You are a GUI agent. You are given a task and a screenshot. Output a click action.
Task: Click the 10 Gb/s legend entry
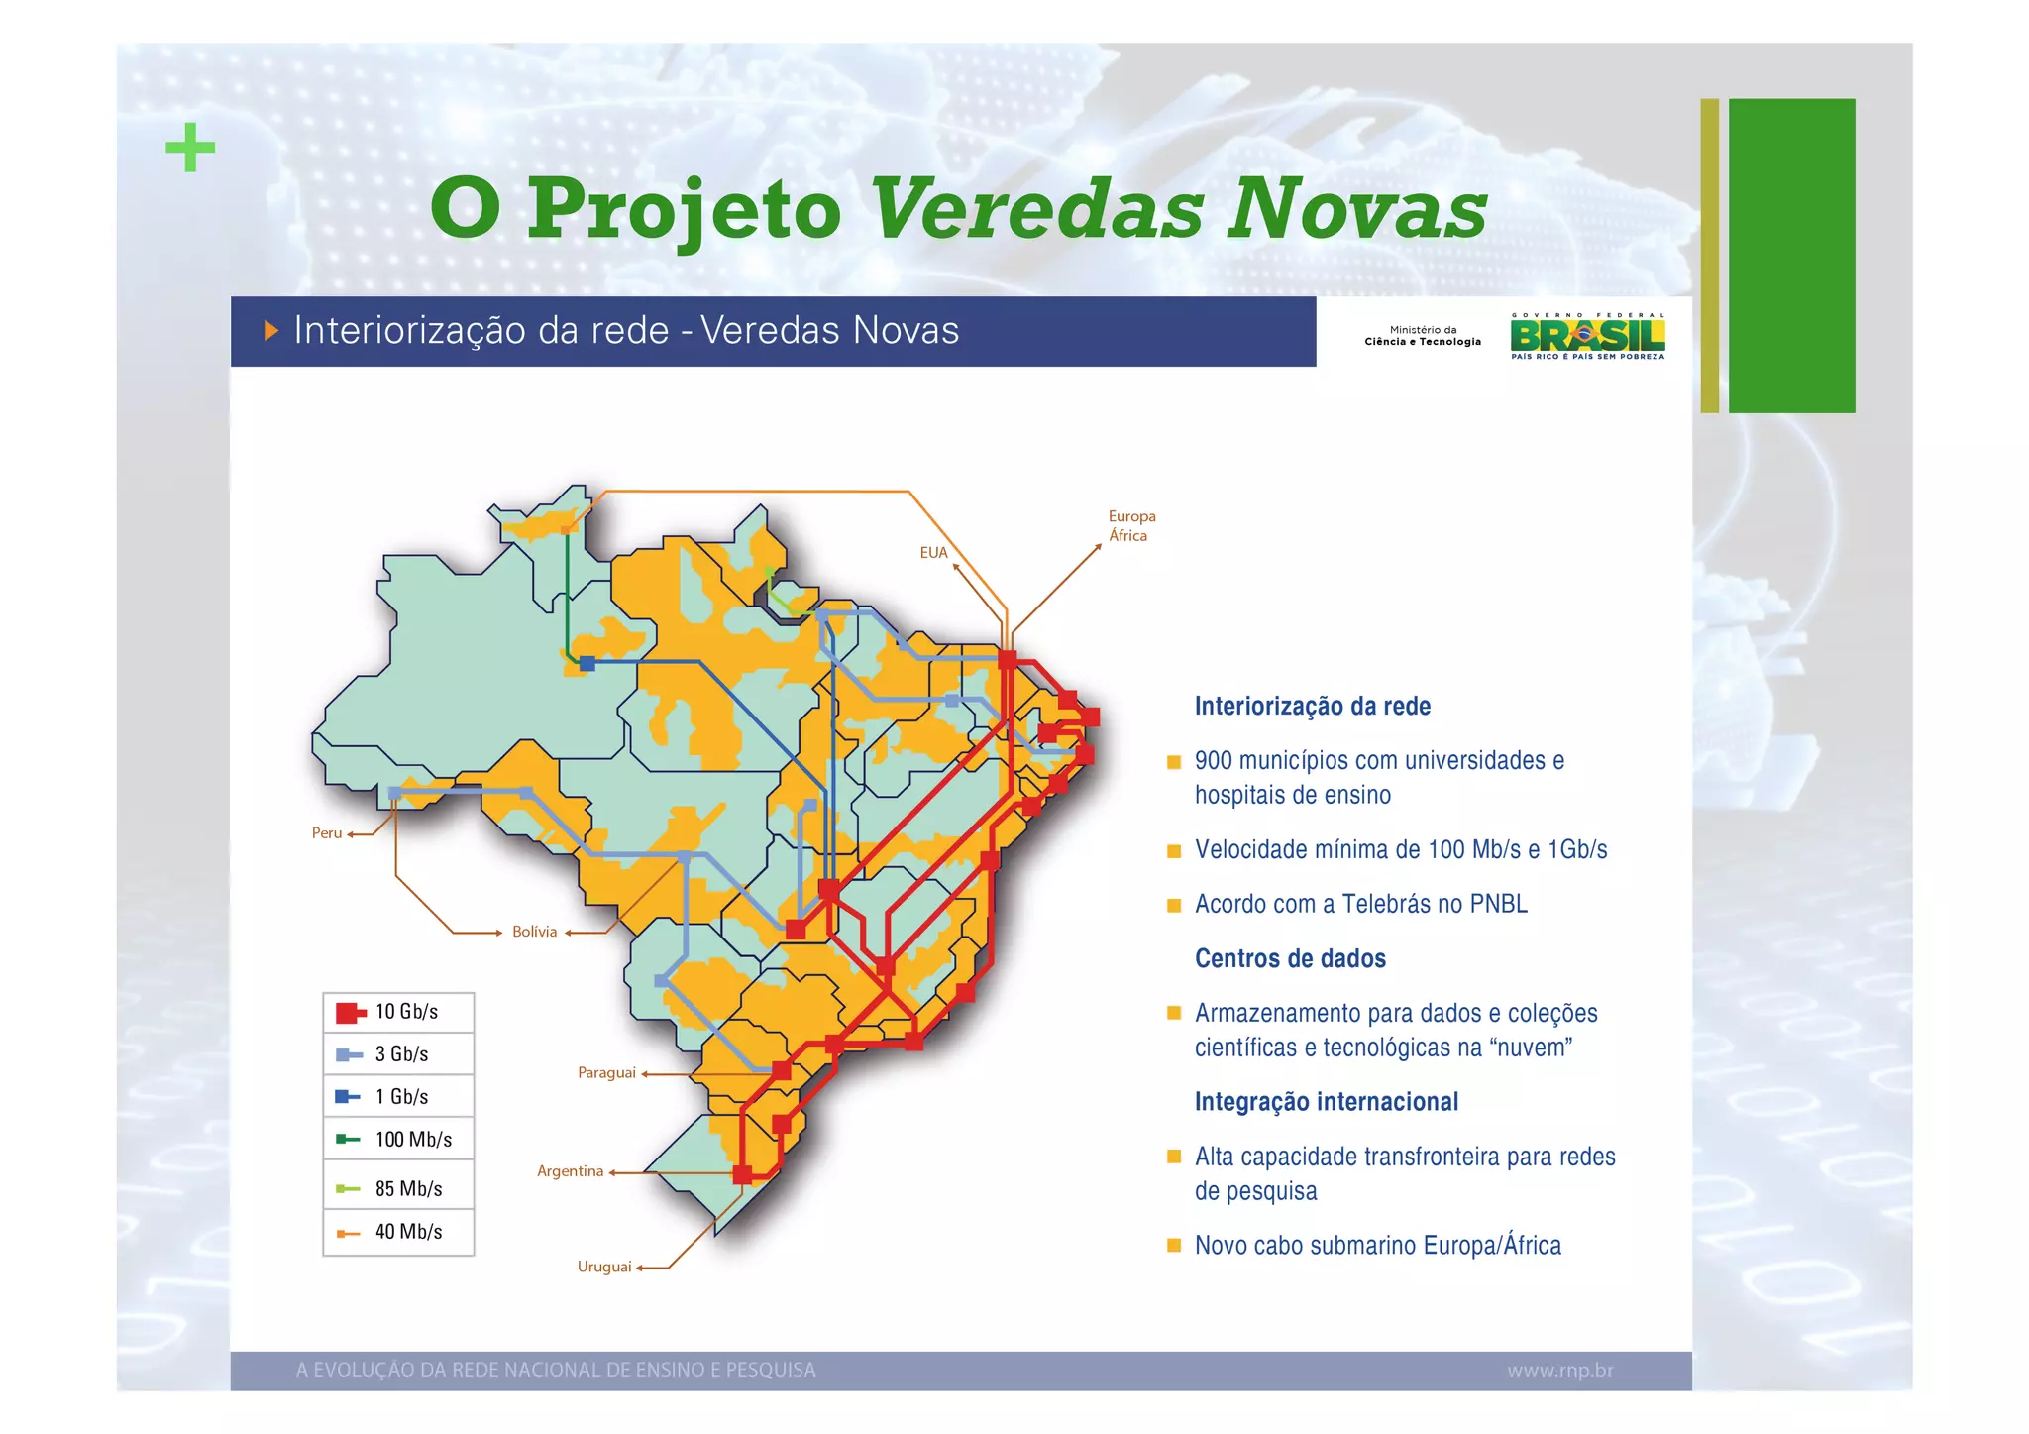click(398, 1012)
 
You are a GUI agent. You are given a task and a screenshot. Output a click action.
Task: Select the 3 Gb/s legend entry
click(398, 1054)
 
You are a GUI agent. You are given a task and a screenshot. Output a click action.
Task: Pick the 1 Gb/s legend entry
click(398, 1097)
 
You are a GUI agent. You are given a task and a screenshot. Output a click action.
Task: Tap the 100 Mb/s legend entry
click(398, 1140)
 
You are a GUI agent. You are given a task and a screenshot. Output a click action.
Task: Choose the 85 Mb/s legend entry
click(398, 1189)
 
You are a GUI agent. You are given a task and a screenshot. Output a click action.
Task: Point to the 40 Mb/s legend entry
click(398, 1232)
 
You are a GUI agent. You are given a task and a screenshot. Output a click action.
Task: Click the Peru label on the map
click(327, 833)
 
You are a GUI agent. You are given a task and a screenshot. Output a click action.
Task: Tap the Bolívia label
click(534, 932)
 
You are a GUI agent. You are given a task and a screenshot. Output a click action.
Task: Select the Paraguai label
click(606, 1073)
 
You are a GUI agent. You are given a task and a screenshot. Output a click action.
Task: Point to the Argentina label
click(570, 1171)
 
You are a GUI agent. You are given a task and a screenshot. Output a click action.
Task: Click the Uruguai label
click(604, 1267)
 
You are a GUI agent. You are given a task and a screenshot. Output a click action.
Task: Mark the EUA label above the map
click(933, 553)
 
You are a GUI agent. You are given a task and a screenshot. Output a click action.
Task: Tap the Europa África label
click(1131, 526)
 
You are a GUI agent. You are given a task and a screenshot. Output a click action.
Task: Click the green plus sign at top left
click(190, 148)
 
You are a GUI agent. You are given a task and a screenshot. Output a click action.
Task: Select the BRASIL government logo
click(1587, 336)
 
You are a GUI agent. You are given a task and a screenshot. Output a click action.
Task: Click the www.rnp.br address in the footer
click(1560, 1371)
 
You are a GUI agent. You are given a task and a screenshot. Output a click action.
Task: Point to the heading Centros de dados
click(1290, 958)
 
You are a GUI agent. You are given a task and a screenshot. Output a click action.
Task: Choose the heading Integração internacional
click(1326, 1102)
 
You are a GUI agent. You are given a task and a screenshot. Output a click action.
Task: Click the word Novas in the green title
click(1357, 209)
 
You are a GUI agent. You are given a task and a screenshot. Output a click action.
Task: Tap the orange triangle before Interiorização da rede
click(270, 331)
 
